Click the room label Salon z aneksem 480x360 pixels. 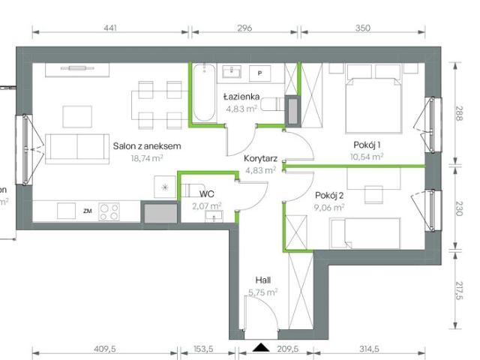[x=147, y=146]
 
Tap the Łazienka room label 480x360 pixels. [x=241, y=97]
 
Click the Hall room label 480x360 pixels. [x=262, y=278]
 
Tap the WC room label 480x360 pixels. [x=206, y=193]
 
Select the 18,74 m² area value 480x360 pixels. [x=147, y=159]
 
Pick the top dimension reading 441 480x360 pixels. [x=109, y=28]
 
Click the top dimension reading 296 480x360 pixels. [x=244, y=28]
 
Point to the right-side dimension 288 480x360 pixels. [x=459, y=113]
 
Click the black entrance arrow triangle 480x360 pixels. [x=260, y=347]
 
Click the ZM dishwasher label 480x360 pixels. [x=87, y=211]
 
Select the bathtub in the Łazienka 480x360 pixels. [x=202, y=93]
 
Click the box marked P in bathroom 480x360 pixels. [x=260, y=73]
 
